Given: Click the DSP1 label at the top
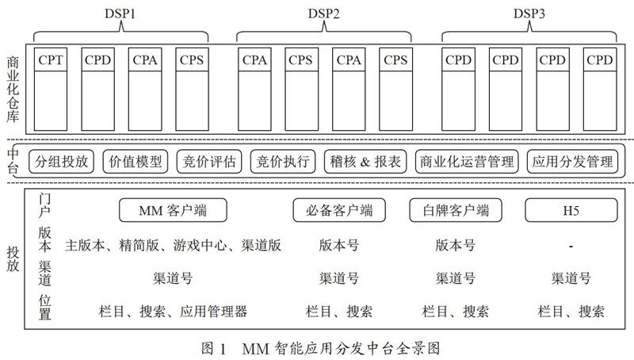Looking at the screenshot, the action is coord(120,13).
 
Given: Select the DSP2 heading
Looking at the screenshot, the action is coord(323,13).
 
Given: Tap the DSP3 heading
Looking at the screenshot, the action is coord(529,13).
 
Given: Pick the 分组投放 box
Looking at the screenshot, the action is coord(62,162).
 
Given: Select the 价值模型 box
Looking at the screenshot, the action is coord(136,162).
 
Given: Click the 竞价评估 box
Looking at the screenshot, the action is coord(209,162).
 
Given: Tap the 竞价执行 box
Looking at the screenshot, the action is coord(283,162).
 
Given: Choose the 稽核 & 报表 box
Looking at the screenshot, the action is coord(365,162).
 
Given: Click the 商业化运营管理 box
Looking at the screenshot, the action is coord(467,162).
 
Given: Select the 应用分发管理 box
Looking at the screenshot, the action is coord(572,162).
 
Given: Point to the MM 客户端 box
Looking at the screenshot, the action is coord(173,210).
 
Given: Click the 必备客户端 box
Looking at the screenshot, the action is coord(339,210).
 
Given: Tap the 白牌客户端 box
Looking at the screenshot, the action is coord(456,210).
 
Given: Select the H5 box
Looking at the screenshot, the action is coord(571,210).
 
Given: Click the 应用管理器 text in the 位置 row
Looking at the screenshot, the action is coord(213,312).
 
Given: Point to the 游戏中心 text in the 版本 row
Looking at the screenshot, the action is coord(201,245).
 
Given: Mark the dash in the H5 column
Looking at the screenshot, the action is coord(571,246).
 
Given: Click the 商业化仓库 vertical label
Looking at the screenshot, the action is coord(13,90).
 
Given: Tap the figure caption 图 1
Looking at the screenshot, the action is coord(213,348).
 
